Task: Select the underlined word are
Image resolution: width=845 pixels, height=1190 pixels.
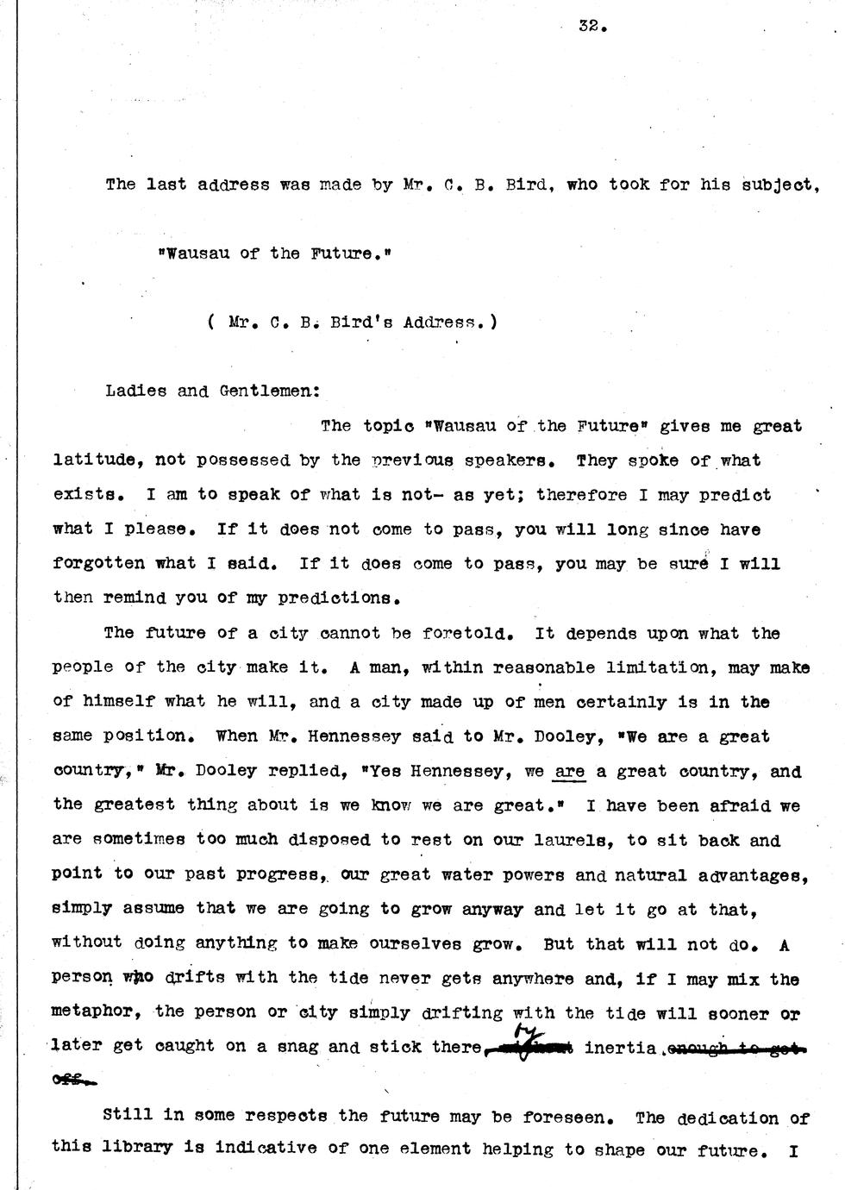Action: click(x=569, y=771)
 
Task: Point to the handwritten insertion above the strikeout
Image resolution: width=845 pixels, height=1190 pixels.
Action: click(x=524, y=1031)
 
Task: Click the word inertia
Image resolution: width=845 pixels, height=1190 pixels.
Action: click(x=621, y=1047)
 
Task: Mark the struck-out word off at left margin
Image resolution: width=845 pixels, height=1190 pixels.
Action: click(x=72, y=1078)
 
